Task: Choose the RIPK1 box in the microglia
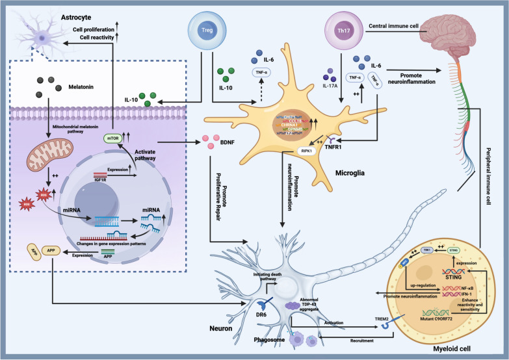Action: (x=289, y=149)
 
